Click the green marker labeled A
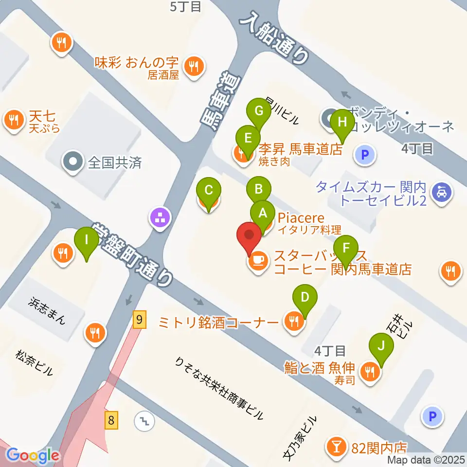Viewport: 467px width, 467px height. coord(263,213)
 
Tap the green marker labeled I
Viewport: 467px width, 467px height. coord(87,240)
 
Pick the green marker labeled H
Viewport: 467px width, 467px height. coord(342,122)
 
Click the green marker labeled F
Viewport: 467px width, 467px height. coord(346,248)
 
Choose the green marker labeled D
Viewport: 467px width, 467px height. coord(305,297)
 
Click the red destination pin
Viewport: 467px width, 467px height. coord(249,236)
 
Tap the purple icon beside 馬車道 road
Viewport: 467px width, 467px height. coord(160,217)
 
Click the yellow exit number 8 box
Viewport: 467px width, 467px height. coord(112,419)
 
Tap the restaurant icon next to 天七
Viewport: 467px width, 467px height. coord(14,120)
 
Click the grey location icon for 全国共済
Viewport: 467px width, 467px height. coord(74,161)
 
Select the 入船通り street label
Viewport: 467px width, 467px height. coord(275,39)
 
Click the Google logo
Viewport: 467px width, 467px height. coord(33,456)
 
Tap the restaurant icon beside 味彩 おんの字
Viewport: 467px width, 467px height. coord(195,66)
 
